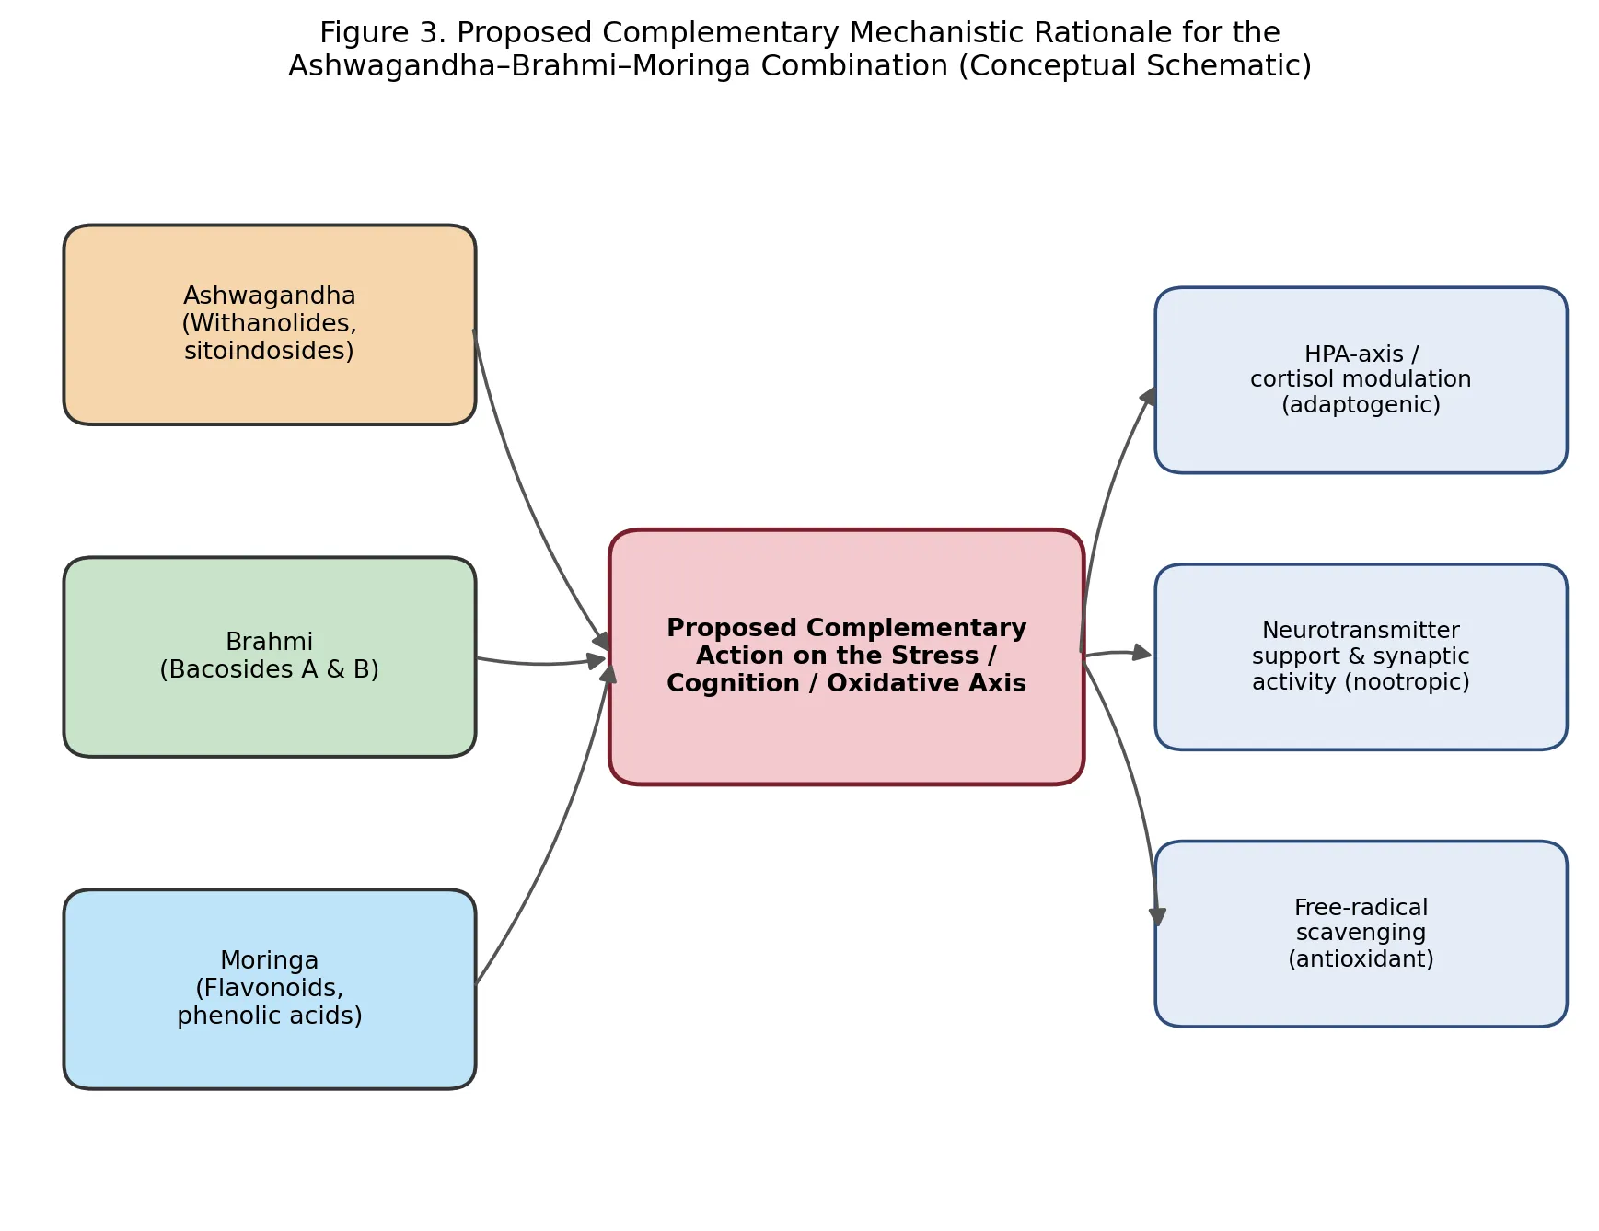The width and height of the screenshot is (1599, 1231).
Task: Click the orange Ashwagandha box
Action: point(270,324)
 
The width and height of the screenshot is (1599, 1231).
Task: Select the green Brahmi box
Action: point(270,656)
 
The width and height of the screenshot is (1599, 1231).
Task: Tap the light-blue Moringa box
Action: point(270,989)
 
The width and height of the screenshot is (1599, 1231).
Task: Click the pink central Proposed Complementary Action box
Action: point(846,656)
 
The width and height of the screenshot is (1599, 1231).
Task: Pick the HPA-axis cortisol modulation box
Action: point(1361,380)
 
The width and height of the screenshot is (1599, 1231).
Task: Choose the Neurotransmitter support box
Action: point(1361,656)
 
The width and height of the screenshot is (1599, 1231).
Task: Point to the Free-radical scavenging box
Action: point(1361,934)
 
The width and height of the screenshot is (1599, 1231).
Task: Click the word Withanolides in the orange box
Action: point(269,323)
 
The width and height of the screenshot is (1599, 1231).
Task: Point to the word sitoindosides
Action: point(269,351)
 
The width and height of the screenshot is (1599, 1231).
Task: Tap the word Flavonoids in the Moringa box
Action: point(269,988)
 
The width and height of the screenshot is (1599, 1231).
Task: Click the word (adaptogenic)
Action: point(1361,405)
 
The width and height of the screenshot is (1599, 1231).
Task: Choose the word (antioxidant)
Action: point(1361,959)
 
